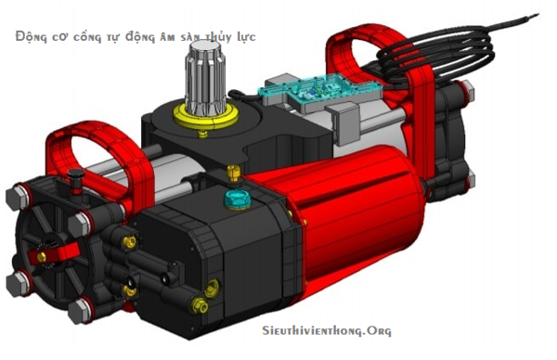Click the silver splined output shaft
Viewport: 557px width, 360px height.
pyautogui.click(x=205, y=78)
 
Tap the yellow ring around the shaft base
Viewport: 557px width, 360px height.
pyautogui.click(x=206, y=118)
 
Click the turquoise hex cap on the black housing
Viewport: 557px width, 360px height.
pyautogui.click(x=237, y=199)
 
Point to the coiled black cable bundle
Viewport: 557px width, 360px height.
pyautogui.click(x=437, y=53)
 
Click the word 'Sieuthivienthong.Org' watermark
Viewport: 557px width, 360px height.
pyautogui.click(x=327, y=330)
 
